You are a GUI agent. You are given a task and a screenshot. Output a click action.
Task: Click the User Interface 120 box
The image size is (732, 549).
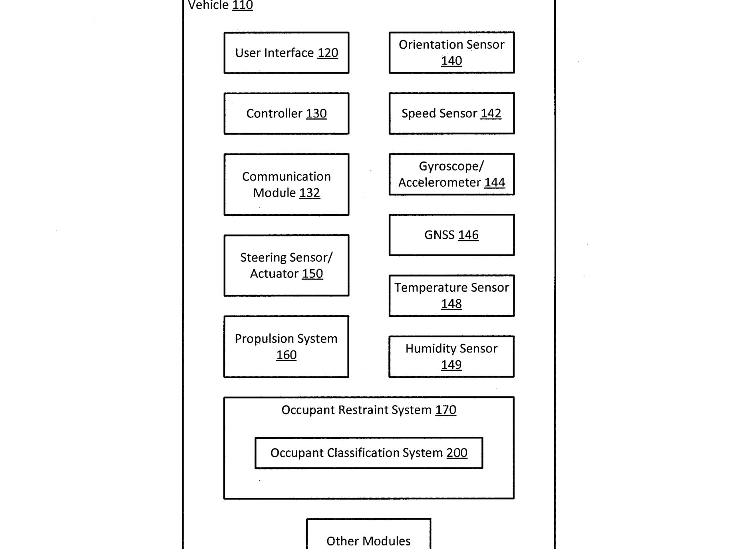click(286, 53)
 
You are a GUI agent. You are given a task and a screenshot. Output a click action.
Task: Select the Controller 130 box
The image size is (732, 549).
click(286, 113)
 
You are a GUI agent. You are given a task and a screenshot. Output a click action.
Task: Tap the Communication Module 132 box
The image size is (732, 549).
click(286, 185)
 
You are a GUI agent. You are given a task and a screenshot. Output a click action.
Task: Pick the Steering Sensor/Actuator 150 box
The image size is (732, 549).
click(286, 265)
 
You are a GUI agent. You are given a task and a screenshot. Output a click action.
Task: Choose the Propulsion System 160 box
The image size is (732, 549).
click(286, 346)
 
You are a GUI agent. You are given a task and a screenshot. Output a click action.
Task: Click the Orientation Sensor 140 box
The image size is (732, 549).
click(452, 53)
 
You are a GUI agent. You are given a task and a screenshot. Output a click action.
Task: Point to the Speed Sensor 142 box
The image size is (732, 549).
click(452, 113)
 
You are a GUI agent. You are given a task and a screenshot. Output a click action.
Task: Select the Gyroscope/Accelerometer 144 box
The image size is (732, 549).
click(452, 174)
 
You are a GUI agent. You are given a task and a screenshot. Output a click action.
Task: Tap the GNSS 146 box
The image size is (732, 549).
click(452, 235)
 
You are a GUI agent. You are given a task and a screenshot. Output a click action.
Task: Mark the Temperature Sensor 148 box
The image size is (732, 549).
click(452, 296)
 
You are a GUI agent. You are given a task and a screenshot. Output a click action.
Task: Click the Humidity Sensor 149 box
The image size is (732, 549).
click(452, 356)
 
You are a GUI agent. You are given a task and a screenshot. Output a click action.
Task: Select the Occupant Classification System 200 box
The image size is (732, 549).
click(369, 453)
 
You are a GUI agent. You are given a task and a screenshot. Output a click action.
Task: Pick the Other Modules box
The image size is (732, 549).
click(368, 534)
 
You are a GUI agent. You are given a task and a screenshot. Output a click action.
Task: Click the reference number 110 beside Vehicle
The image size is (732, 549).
click(243, 5)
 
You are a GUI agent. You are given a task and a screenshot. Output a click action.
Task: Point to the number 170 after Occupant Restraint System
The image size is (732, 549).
click(446, 410)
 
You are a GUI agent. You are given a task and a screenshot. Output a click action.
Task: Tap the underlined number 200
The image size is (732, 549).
click(457, 453)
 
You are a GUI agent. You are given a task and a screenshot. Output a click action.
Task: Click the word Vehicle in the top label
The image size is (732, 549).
click(208, 5)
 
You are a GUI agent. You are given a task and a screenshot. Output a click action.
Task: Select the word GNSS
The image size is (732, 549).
click(439, 235)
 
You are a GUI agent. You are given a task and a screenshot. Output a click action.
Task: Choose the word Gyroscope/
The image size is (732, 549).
click(451, 166)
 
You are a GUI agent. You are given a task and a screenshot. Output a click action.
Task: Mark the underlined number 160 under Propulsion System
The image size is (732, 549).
click(286, 355)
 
